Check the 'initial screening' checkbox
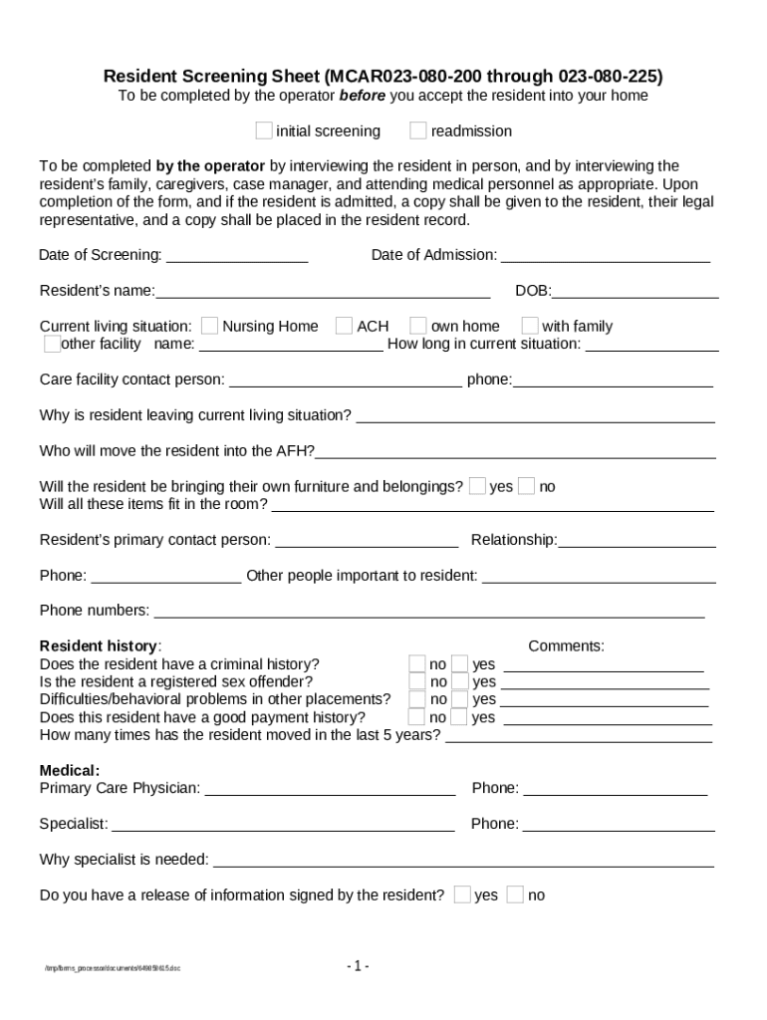[x=264, y=130]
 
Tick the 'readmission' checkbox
[x=418, y=130]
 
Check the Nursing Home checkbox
[x=210, y=326]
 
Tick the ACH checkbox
[x=344, y=326]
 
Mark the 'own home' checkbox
[x=418, y=326]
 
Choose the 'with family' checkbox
[x=530, y=326]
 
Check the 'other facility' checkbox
[x=52, y=344]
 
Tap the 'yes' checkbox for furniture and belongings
[x=478, y=486]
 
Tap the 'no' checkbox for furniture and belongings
[x=527, y=486]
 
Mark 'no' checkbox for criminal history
[x=417, y=664]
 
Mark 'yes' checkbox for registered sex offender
[x=460, y=682]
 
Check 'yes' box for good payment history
[x=460, y=717]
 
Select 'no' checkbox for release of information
[x=515, y=894]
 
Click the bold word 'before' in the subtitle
[x=363, y=96]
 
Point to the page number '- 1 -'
[x=359, y=966]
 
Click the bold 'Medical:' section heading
[x=69, y=770]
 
